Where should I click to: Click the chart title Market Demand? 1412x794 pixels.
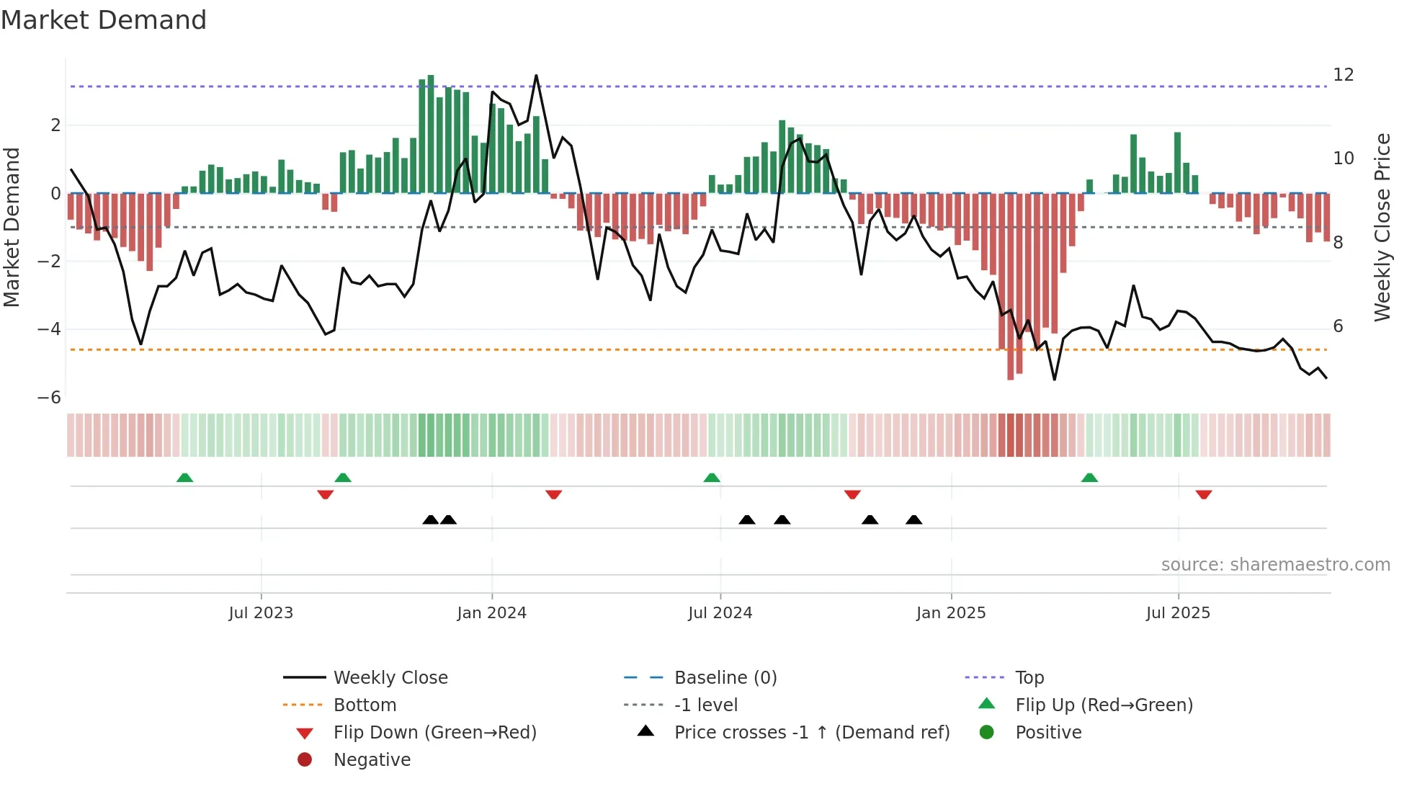click(104, 20)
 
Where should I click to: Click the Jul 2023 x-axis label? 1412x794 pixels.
click(261, 613)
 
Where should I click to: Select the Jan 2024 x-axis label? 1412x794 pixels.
click(491, 613)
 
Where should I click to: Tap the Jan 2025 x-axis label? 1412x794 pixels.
click(950, 613)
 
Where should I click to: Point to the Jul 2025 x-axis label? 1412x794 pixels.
click(1178, 613)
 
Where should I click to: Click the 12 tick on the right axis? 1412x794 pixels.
click(1343, 75)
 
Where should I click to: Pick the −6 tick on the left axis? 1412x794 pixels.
click(49, 398)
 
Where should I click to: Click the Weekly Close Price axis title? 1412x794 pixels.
click(1382, 227)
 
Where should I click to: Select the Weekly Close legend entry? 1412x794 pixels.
click(390, 678)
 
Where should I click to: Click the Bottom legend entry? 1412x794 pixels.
click(365, 705)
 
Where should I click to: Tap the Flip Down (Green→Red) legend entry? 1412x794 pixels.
click(434, 733)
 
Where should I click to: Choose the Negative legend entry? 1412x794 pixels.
click(372, 760)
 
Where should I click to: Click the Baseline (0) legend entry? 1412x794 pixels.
click(725, 678)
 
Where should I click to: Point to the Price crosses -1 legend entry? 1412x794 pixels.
click(811, 733)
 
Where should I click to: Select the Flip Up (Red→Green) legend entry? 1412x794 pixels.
click(1104, 705)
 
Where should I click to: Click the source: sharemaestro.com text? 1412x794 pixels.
click(1275, 565)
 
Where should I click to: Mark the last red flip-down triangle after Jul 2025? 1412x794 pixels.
click(1203, 494)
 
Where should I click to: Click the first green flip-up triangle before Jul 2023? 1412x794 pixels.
click(185, 478)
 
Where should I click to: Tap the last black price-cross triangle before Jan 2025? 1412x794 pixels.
click(913, 519)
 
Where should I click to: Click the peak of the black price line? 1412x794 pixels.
click(536, 76)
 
